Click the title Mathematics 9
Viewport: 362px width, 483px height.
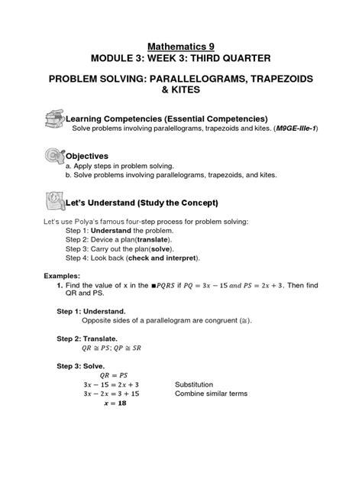181,46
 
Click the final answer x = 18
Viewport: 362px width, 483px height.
115,403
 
